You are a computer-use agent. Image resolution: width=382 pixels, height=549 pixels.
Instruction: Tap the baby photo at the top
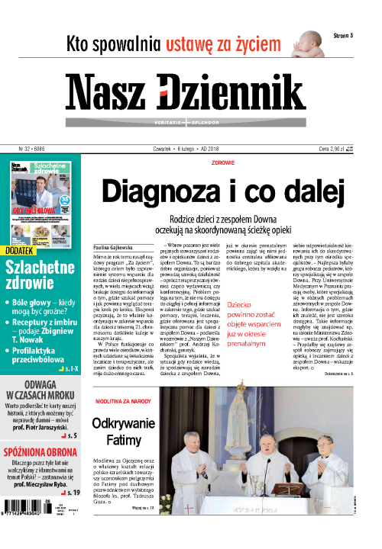[305, 40]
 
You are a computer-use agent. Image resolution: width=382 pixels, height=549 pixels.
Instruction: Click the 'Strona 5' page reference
[347, 35]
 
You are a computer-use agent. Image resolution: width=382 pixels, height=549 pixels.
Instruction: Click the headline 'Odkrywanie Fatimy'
[124, 434]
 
